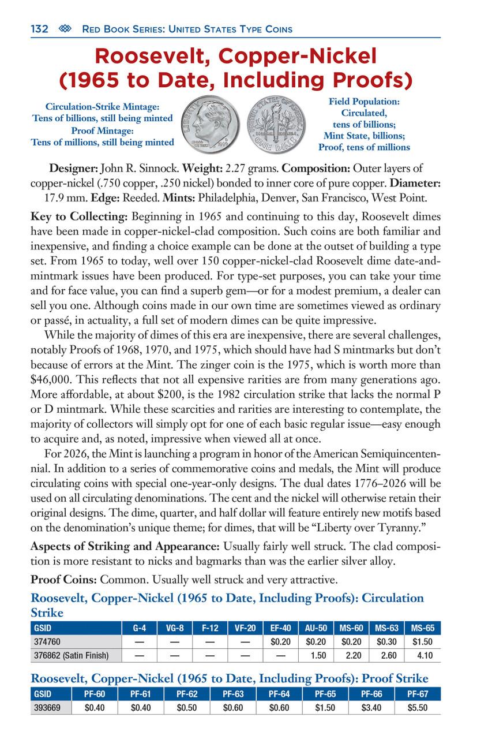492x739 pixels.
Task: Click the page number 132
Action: [39, 29]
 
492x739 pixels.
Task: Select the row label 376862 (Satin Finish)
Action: [72, 655]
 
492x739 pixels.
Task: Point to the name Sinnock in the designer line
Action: [157, 169]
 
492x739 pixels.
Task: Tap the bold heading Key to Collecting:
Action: [80, 217]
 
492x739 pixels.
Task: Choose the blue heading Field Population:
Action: [364, 102]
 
